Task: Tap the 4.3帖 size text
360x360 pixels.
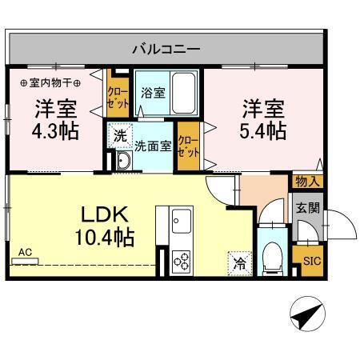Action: click(x=55, y=130)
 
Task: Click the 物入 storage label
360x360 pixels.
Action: click(x=309, y=181)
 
